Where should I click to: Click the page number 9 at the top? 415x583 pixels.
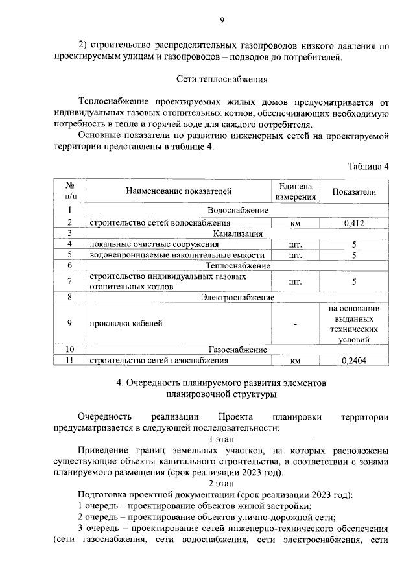(x=221, y=20)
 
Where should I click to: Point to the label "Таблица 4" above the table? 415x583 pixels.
(x=368, y=166)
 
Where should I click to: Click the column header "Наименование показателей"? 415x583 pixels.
(x=178, y=191)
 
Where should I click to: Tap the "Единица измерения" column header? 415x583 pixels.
(x=295, y=191)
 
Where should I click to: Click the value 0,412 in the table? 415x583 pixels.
(x=354, y=222)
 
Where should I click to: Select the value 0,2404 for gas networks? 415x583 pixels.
(x=354, y=361)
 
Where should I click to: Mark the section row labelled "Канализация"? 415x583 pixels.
(x=237, y=233)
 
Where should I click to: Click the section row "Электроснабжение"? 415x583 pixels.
(x=237, y=297)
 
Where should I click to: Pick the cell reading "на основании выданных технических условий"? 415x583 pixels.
(x=354, y=323)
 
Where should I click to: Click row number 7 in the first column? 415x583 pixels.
(x=69, y=281)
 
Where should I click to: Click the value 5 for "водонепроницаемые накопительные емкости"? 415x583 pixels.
(x=354, y=255)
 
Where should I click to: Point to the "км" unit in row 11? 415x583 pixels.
(x=295, y=361)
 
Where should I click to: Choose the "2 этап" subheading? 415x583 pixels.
(x=221, y=483)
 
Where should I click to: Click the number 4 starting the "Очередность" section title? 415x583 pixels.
(x=119, y=383)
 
